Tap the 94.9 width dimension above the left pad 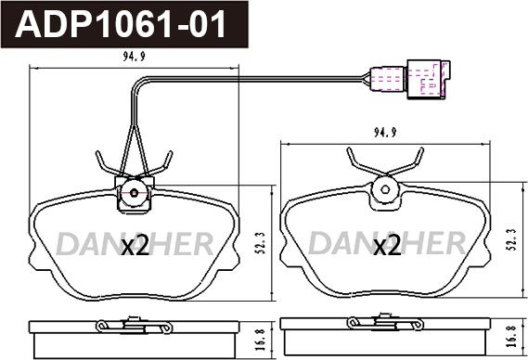(x=134, y=57)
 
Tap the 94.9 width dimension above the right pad (x=385, y=133)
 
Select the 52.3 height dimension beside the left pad (x=263, y=242)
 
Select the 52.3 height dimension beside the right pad (x=513, y=239)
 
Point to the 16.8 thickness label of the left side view (x=263, y=340)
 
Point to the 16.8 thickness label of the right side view (x=513, y=336)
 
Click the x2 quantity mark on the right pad (x=387, y=245)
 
